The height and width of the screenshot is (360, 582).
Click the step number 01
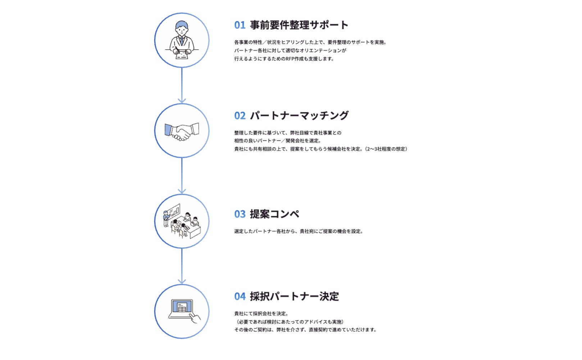[x=240, y=25]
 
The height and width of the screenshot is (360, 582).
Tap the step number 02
[x=240, y=116]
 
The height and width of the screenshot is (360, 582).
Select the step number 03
[x=240, y=214]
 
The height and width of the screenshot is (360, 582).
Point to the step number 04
[x=240, y=297]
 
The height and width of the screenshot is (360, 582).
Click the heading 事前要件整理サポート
[x=299, y=25]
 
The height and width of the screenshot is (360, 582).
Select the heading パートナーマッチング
[x=299, y=116]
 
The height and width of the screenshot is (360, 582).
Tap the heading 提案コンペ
[x=274, y=214]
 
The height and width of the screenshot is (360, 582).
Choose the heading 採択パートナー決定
[x=294, y=297]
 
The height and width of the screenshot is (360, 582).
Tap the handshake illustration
[x=182, y=131]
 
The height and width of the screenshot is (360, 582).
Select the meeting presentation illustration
[x=182, y=221]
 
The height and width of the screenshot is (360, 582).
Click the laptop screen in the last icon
[x=182, y=307]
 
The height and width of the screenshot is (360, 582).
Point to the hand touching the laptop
[x=195, y=318]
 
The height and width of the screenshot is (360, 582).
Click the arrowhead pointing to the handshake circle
[x=182, y=100]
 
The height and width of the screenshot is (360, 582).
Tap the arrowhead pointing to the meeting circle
[x=182, y=191]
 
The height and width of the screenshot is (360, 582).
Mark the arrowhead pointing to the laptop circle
[x=182, y=281]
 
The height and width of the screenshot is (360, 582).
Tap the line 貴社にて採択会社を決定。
[x=261, y=314]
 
